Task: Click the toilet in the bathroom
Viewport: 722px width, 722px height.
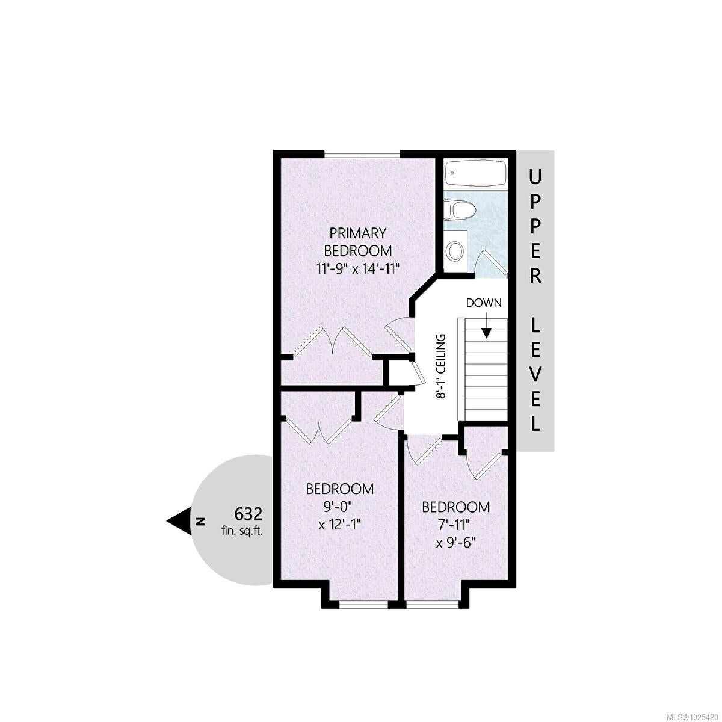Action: point(459,212)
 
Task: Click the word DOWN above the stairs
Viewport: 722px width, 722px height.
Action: point(484,303)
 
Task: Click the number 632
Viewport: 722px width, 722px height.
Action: point(248,514)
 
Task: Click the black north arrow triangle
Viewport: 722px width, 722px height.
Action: point(179,521)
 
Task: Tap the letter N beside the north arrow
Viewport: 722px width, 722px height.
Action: point(200,521)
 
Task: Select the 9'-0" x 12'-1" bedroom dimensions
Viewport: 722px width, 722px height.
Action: point(339,515)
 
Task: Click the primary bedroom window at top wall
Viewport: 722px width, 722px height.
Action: point(362,155)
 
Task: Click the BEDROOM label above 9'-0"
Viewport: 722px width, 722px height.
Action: point(339,489)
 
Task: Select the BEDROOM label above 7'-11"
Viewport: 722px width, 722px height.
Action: point(455,507)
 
